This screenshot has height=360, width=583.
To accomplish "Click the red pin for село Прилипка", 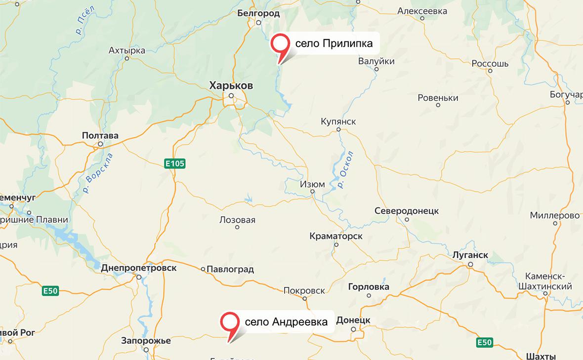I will click(x=281, y=43).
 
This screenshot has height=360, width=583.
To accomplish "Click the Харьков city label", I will click(x=231, y=86).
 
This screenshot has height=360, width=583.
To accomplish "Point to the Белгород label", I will click(x=258, y=13).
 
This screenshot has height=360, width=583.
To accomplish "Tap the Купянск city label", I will click(x=338, y=121).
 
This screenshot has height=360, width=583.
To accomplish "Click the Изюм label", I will click(x=313, y=184).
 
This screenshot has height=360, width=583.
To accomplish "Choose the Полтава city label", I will click(x=100, y=135).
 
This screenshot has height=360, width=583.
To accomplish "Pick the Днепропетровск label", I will click(x=138, y=268).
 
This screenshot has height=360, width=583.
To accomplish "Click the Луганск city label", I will click(x=470, y=255).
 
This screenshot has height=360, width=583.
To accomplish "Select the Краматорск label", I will click(x=336, y=236).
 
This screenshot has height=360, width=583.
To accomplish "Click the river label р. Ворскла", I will click(x=98, y=173).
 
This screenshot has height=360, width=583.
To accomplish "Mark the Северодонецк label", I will click(x=407, y=211).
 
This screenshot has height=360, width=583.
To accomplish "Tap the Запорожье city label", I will click(x=146, y=341).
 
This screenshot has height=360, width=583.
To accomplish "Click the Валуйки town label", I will click(x=376, y=61).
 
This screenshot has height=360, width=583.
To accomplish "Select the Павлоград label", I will click(x=230, y=269).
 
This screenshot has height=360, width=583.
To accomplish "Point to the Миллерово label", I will click(x=554, y=215).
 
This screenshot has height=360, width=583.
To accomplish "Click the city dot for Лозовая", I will click(x=237, y=227).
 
